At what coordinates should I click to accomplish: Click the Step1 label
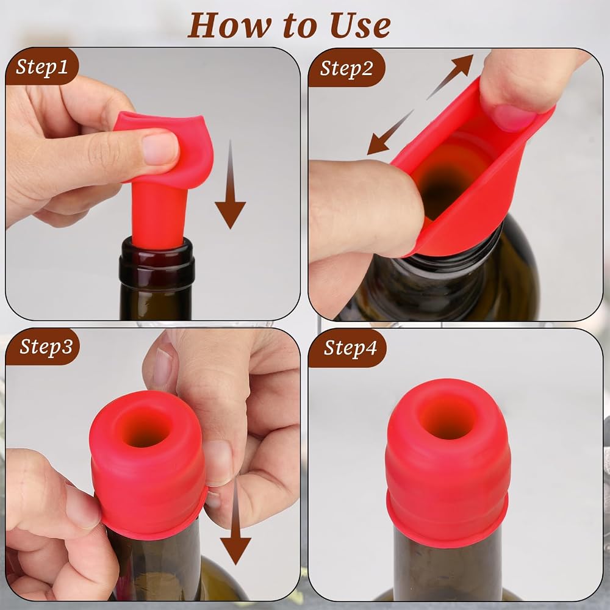click(x=42, y=66)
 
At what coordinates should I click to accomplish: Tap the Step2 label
click(x=346, y=68)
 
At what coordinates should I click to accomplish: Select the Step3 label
click(x=46, y=346)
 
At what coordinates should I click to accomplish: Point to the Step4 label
click(x=350, y=348)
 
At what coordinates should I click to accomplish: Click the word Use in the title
click(x=361, y=25)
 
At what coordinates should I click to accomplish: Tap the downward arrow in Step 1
click(x=231, y=184)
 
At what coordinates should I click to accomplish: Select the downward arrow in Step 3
click(x=235, y=522)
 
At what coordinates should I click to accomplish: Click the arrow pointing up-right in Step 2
click(x=450, y=77)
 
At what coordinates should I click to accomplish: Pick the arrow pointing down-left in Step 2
click(x=390, y=132)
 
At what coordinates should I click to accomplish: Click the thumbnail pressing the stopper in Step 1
click(x=160, y=148)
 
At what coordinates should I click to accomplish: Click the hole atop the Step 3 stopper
click(x=147, y=427)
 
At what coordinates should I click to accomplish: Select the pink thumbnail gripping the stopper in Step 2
click(x=514, y=117)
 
